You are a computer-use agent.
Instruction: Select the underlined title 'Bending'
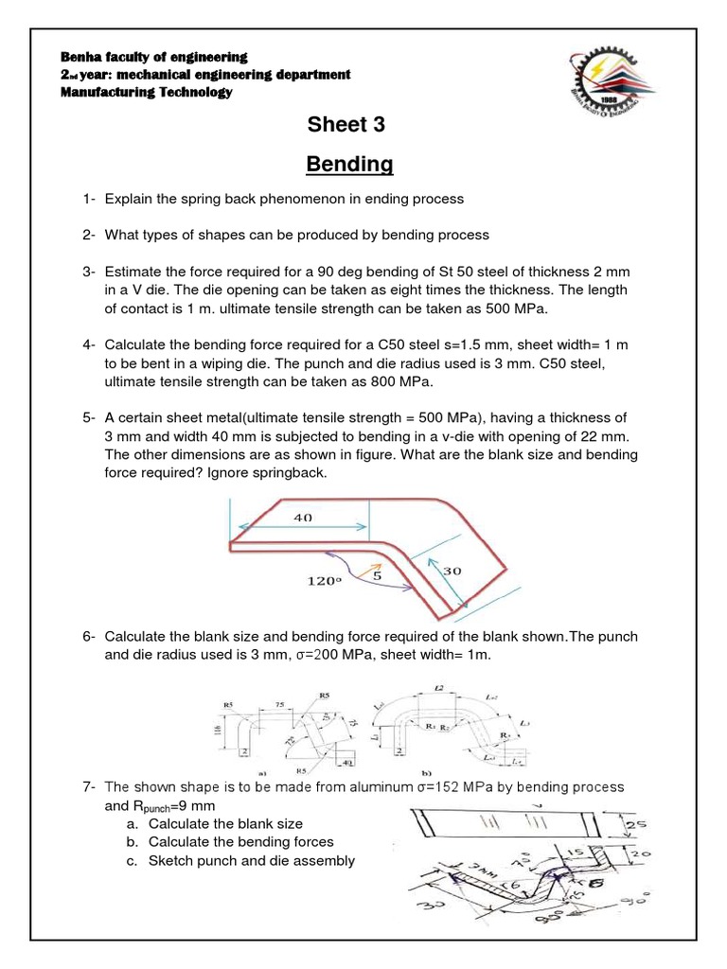(x=349, y=165)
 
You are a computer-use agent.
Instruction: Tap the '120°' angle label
(x=319, y=582)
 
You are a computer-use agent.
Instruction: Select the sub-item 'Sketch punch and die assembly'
(x=251, y=860)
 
